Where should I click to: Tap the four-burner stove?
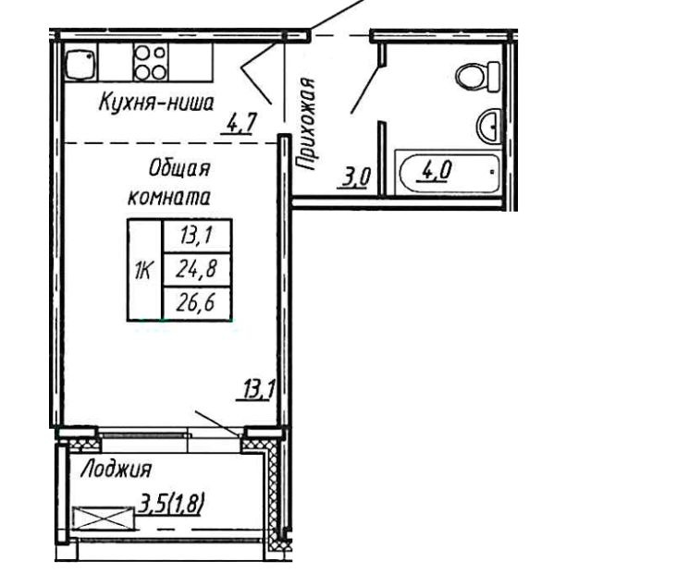151,62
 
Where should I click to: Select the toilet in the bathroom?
478,77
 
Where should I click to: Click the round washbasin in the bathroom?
488,125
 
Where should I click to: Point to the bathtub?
449,173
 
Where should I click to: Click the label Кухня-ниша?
156,104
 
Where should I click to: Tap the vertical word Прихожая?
306,124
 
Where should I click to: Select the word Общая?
179,168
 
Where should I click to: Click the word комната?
169,197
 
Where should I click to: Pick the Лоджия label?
117,469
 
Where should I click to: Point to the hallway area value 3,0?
353,177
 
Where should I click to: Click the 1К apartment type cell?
144,271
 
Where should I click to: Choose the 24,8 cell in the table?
197,270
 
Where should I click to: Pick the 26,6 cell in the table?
197,303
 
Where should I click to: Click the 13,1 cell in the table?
197,237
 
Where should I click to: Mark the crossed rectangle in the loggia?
104,518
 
